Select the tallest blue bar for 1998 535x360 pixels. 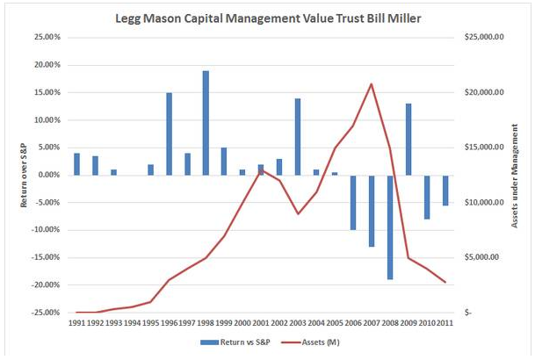pyautogui.click(x=206, y=123)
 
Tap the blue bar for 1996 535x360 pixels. pyautogui.click(x=169, y=133)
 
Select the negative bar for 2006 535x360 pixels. pyautogui.click(x=352, y=202)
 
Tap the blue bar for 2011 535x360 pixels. pyautogui.click(x=445, y=190)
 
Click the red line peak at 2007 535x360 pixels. pyautogui.click(x=371, y=84)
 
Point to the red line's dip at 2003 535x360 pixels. pyautogui.click(x=298, y=213)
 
